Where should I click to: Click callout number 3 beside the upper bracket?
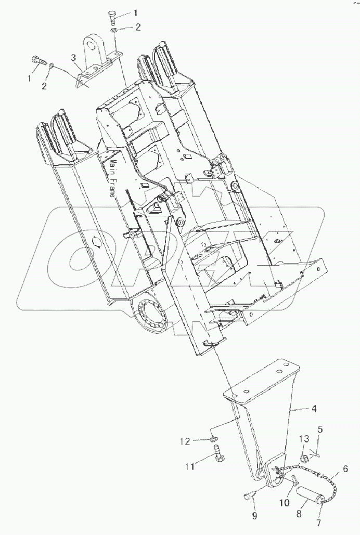pos(73,57)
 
